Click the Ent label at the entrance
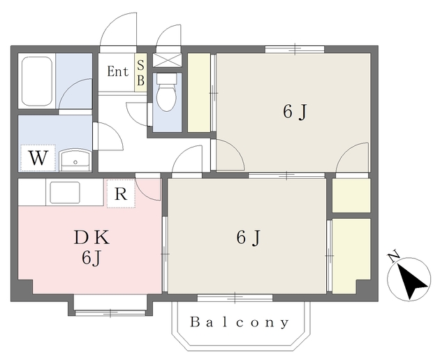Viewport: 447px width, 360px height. coord(117,71)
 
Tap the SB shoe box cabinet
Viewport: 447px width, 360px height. coord(140,73)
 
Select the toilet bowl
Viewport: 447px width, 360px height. coord(167,93)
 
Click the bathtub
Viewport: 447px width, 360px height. coord(37,81)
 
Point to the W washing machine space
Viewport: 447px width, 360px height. coord(38,158)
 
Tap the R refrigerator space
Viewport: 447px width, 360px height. coord(121,194)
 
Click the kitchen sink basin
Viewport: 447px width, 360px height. coord(65,192)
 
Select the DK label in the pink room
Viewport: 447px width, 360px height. coord(91,238)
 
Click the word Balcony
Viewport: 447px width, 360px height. coord(239,322)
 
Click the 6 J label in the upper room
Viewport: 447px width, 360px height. coord(295,112)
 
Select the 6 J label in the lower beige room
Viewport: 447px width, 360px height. coord(249,238)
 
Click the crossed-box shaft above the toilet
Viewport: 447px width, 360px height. coord(167,60)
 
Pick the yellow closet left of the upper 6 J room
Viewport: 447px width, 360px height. coord(199,93)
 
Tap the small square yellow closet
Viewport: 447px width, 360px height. coord(351,196)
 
